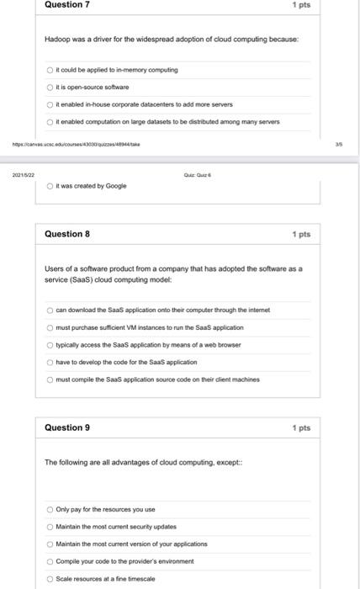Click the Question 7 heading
(67, 5)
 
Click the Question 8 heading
(67, 233)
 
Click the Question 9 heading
(67, 427)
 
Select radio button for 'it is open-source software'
(50, 87)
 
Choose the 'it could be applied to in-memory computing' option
(50, 69)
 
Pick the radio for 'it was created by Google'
(50, 185)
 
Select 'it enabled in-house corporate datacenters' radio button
(50, 103)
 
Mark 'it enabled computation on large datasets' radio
(50, 121)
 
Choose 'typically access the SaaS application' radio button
(50, 344)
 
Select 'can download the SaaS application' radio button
(50, 310)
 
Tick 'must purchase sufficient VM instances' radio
(50, 327)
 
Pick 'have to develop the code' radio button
(50, 362)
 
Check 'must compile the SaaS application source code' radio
(50, 379)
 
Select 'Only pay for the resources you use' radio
(50, 509)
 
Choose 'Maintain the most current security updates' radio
(50, 527)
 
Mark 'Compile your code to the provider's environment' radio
(50, 561)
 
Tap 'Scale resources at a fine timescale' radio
(50, 579)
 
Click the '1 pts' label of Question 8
(301, 234)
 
